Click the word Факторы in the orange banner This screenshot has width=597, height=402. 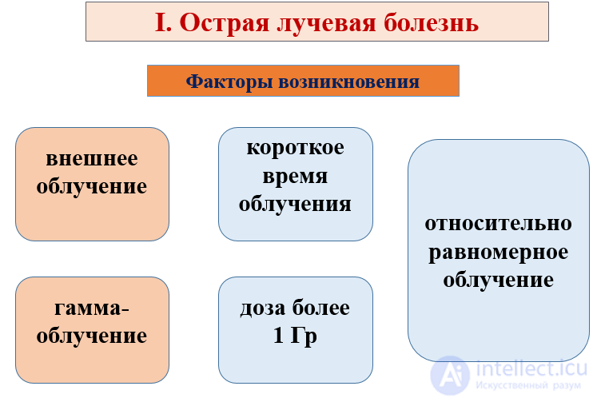click(224, 82)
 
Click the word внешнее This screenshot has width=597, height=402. click(92, 158)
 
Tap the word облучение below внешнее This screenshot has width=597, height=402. click(92, 186)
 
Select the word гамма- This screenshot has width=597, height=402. click(92, 308)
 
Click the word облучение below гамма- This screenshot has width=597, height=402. click(92, 336)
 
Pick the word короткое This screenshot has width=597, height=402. click(295, 149)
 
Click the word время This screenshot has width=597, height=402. click(295, 176)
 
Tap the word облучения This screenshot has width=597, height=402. click(295, 204)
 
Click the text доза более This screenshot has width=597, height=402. click(295, 308)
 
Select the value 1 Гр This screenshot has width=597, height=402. click(295, 336)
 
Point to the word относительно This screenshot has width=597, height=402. click(498, 225)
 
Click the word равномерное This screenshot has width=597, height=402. click(498, 253)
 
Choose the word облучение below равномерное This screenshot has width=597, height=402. click(498, 281)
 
